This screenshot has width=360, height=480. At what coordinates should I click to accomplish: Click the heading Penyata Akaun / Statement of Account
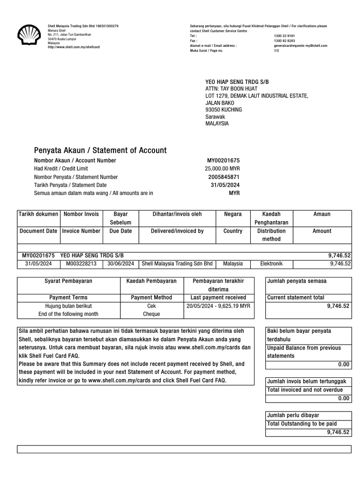coord(100,150)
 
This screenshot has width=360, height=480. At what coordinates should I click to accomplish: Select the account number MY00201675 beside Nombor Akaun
coord(223,160)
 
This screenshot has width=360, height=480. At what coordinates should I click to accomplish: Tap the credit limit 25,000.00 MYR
coord(222,169)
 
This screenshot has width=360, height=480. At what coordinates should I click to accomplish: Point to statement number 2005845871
coord(224,177)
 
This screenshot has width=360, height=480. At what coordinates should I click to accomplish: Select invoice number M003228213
coord(82,264)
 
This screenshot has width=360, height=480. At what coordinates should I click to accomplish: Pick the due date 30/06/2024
coord(120,264)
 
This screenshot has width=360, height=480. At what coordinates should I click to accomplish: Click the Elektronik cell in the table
coord(271,264)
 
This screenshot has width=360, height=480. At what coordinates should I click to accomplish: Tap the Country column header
coord(233,231)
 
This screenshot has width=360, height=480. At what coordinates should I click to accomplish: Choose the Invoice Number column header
coord(82,231)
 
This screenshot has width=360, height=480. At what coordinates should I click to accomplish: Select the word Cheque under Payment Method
coord(151,314)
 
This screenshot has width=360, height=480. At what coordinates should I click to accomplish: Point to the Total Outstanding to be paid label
coord(301,424)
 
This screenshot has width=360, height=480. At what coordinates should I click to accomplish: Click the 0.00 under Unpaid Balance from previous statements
coord(344,364)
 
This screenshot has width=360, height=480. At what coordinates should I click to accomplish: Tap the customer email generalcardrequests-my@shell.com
coord(300,46)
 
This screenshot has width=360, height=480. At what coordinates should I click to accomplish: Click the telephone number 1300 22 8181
coord(285,36)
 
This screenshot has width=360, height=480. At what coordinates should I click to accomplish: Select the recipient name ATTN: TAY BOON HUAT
coord(232,89)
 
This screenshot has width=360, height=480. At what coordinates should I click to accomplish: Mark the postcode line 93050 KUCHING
coord(224,110)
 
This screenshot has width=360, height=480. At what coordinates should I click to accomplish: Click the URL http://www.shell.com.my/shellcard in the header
coord(74,47)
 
